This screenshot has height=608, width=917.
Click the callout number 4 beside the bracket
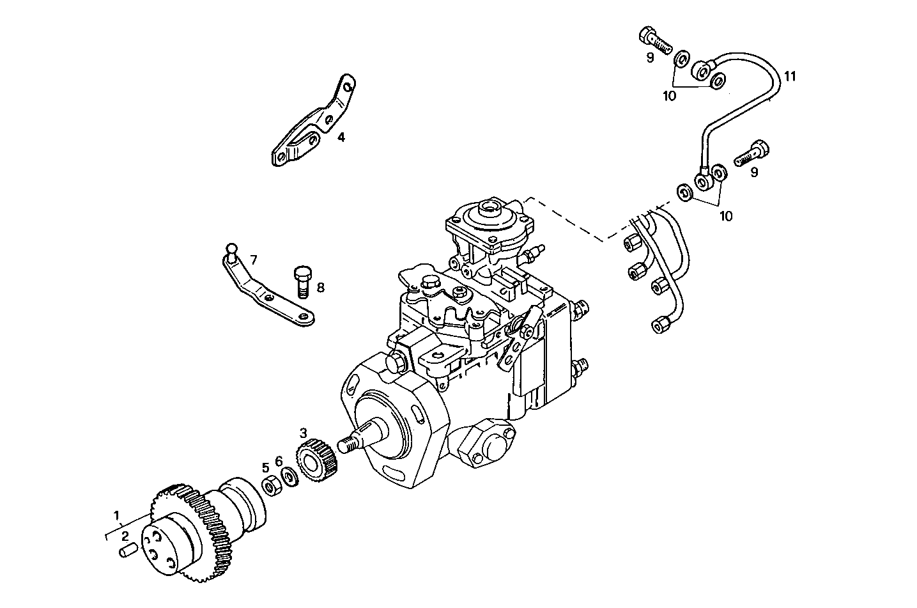coord(341,137)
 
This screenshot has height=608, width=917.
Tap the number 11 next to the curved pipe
coord(790,76)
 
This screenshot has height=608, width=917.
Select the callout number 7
coord(254,260)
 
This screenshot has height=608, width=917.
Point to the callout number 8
coord(320,288)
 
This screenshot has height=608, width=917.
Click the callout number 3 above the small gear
coord(304,433)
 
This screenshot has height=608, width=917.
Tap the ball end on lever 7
coord(231,247)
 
